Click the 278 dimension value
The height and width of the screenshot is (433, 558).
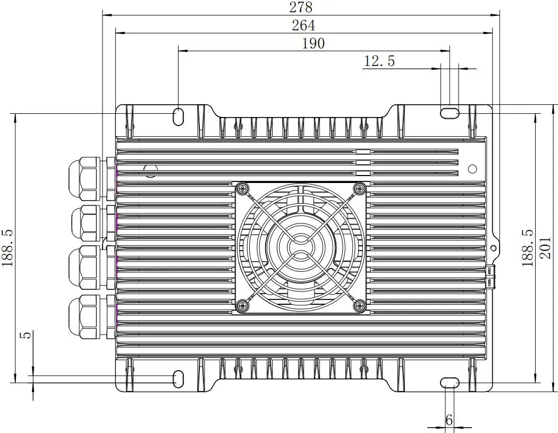[301, 7]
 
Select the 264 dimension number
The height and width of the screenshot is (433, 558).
[303, 25]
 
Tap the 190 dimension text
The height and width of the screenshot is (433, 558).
[313, 43]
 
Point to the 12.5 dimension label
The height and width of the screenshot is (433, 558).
[379, 61]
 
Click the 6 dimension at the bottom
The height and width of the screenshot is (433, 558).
[449, 420]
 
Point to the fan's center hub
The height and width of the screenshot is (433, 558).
[301, 247]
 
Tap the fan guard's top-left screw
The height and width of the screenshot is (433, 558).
[243, 188]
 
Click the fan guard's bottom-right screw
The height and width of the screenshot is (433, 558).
[360, 305]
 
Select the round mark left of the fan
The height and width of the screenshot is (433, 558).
[151, 170]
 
